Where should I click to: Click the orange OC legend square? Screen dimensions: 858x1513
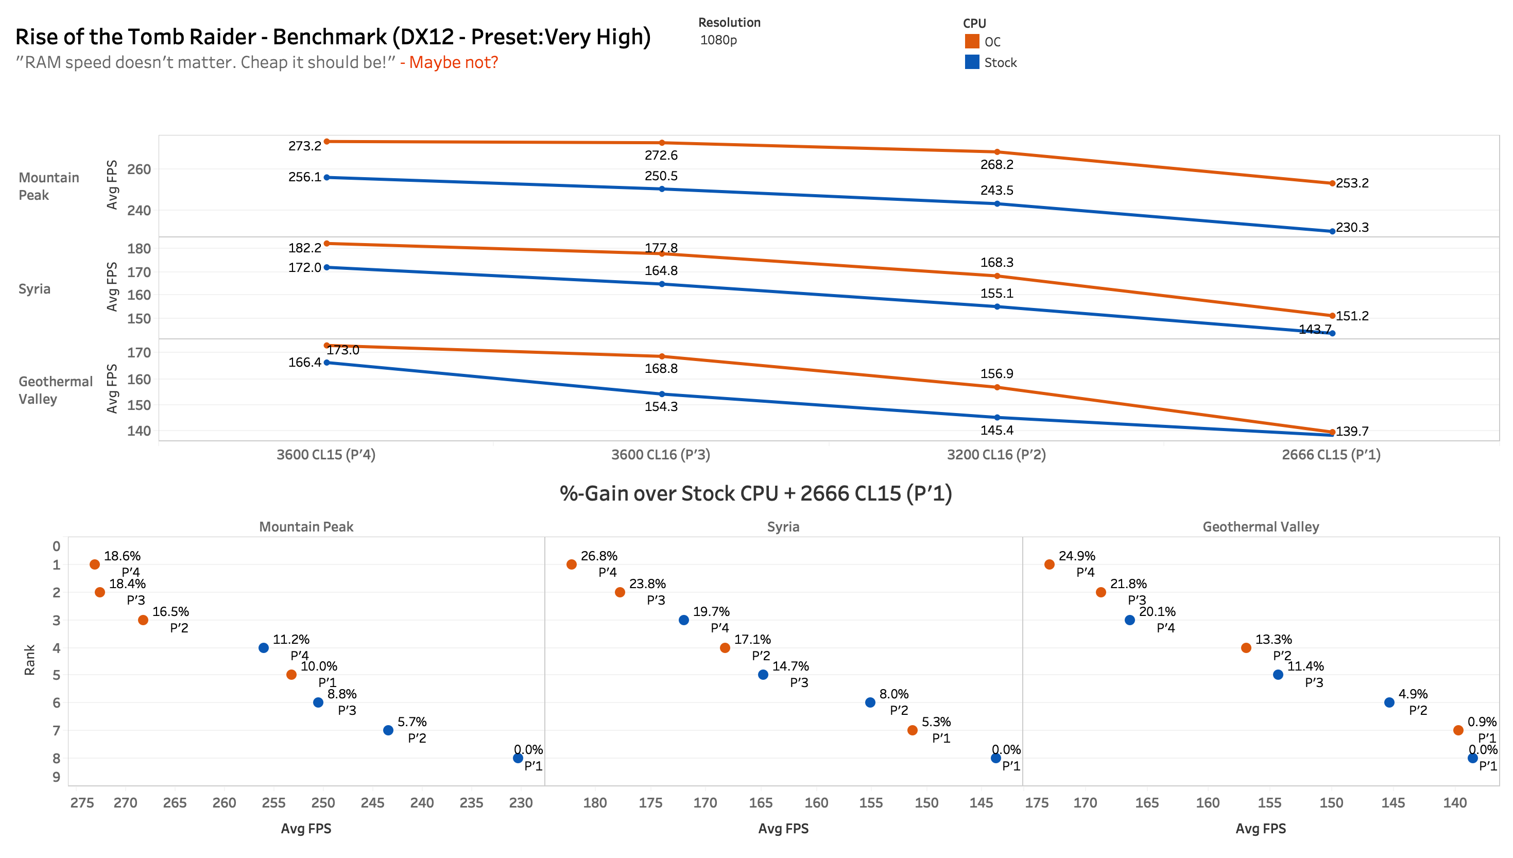tap(972, 41)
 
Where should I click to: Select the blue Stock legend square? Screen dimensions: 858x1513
tap(972, 62)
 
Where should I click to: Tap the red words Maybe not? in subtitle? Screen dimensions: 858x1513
tap(454, 62)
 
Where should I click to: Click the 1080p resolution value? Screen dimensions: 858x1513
tap(718, 40)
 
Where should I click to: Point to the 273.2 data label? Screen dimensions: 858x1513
tap(304, 146)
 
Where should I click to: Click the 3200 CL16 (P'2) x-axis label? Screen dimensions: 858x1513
tap(995, 454)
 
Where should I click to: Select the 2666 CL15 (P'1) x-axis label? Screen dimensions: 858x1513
tap(1331, 454)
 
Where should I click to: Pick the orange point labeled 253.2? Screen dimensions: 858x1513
tap(1332, 183)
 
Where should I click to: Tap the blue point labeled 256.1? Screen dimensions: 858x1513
tap(327, 177)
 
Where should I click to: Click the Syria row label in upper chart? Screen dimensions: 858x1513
tap(34, 289)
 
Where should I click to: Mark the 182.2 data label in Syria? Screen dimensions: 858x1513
tap(304, 248)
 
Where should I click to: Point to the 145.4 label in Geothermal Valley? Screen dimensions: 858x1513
tap(996, 430)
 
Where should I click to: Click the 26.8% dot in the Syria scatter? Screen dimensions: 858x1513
tap(571, 564)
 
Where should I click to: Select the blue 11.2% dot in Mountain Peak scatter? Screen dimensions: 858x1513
tap(263, 648)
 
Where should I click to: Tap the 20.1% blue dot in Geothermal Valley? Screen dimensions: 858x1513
tap(1129, 620)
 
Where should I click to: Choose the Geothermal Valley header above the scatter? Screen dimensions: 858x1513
tap(1260, 527)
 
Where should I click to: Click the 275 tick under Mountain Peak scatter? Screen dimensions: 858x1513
tap(82, 802)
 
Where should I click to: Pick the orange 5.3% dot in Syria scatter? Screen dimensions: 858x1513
tap(912, 730)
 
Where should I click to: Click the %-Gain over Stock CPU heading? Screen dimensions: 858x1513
tap(755, 493)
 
